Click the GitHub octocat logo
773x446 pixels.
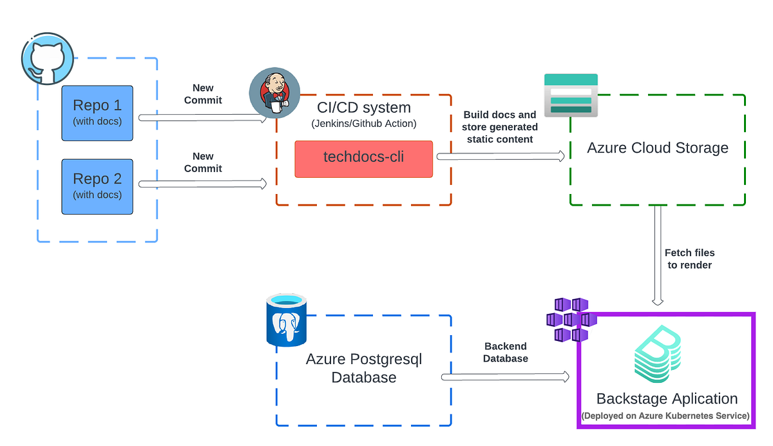[48, 60]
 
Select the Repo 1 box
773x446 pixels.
[97, 112]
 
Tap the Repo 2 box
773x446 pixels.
[97, 186]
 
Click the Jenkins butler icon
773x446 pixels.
[274, 94]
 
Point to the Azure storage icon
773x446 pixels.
[571, 95]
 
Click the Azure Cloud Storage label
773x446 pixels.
[658, 148]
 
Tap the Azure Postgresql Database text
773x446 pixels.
[363, 368]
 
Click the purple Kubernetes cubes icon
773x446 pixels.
[567, 320]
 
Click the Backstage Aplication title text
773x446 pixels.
[667, 398]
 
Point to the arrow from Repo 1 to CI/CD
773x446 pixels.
[203, 118]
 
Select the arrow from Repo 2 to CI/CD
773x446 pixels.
[203, 184]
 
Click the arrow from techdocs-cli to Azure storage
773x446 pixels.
[501, 156]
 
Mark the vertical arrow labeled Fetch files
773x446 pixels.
[658, 255]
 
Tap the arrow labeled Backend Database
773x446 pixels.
[505, 376]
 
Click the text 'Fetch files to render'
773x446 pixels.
[689, 258]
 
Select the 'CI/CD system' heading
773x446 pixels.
[363, 107]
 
